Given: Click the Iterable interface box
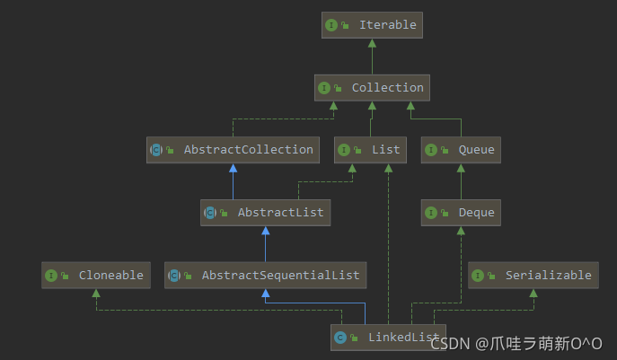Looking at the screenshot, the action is [372, 25].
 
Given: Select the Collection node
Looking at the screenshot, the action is [372, 88].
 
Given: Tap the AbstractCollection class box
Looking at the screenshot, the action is [233, 150].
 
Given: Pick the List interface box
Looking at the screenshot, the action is [371, 150].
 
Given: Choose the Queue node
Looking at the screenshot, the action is [461, 150].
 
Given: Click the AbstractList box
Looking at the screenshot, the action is [265, 213].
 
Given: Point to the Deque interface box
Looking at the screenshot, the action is [461, 213].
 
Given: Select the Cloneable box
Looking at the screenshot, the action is [95, 276].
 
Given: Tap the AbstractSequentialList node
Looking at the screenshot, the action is [265, 276].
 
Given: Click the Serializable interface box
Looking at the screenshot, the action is [533, 276].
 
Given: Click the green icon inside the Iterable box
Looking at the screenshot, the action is [331, 25].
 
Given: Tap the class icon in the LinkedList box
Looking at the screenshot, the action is [340, 338].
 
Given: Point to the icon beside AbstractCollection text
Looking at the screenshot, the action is [156, 150].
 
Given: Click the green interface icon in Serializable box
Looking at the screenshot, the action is [478, 276].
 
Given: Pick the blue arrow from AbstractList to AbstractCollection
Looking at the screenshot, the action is [233, 181].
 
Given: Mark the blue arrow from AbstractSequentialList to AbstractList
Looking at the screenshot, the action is [265, 244].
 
